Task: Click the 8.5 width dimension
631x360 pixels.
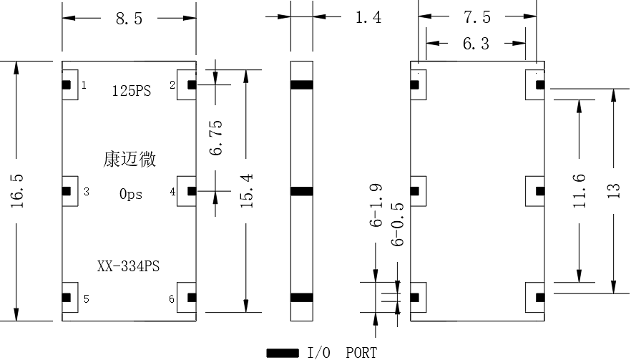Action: point(129,19)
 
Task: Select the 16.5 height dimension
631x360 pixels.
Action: point(17,191)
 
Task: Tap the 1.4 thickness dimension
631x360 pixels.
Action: point(368,18)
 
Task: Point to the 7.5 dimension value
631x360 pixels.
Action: point(477,17)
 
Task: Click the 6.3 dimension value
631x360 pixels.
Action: point(476,44)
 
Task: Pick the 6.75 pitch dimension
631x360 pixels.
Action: point(216,137)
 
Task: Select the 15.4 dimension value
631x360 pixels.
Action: point(246,190)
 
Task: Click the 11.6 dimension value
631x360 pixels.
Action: point(579,191)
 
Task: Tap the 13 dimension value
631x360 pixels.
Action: point(613,191)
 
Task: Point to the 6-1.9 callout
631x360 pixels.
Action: point(376,205)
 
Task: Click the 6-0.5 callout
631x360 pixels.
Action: point(397,224)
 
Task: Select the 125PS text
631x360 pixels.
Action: point(131,91)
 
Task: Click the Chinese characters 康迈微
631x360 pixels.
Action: point(129,159)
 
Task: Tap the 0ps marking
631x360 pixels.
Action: point(131,194)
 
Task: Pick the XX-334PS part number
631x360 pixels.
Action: point(128,266)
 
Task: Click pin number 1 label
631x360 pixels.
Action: point(84,85)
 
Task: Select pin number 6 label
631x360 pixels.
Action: point(172,298)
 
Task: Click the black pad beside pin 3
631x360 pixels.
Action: point(67,191)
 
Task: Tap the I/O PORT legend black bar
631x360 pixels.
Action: point(283,353)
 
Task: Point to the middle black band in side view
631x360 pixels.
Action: point(302,191)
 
